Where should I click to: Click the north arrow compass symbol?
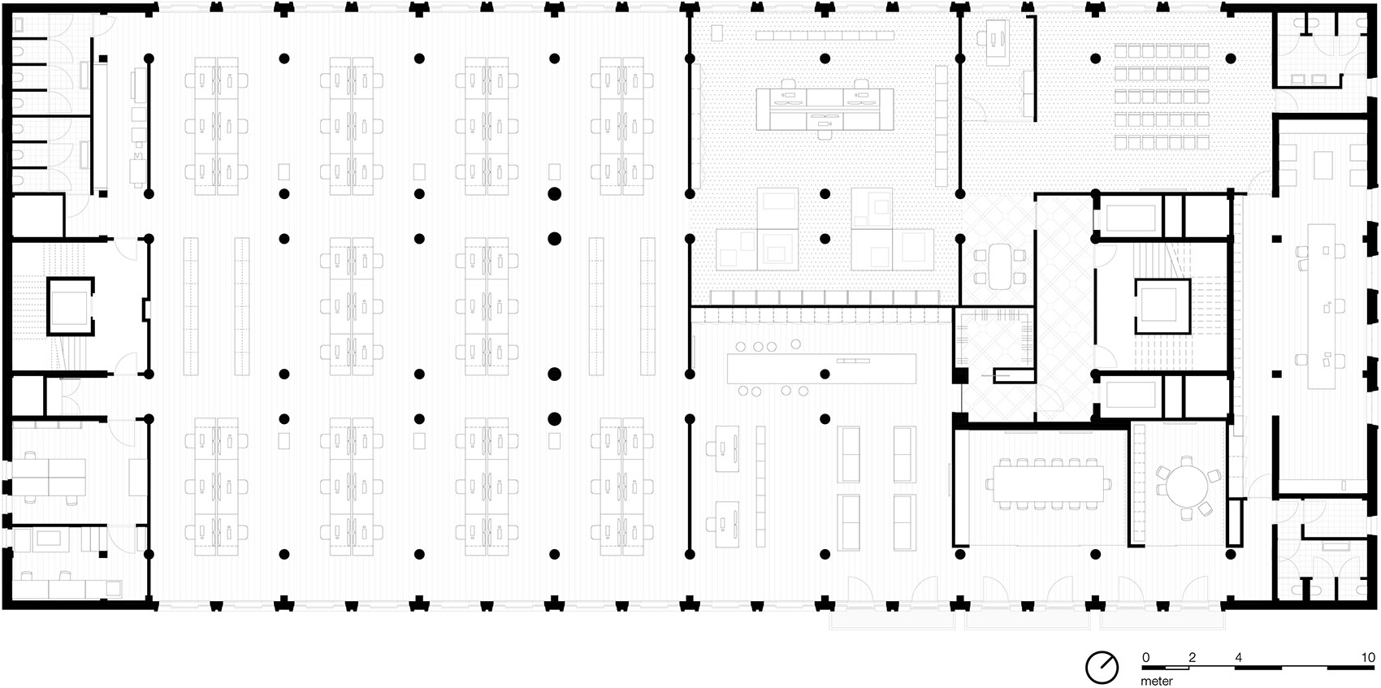point(1102,667)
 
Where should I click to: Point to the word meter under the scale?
point(1156,681)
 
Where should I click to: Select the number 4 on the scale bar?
point(1238,657)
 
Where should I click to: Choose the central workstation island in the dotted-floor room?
point(825,110)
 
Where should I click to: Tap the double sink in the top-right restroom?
point(1313,79)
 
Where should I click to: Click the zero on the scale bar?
point(1146,657)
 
